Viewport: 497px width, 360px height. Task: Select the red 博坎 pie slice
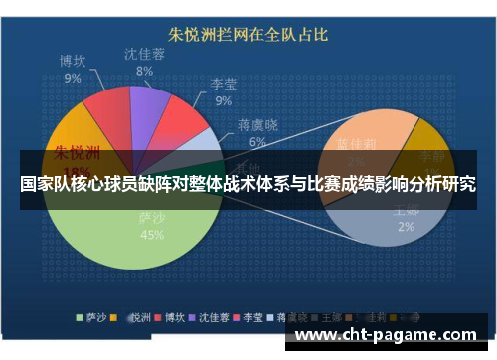pos(103,112)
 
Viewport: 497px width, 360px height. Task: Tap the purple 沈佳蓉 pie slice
pos(148,103)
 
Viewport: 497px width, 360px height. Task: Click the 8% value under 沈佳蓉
pos(145,71)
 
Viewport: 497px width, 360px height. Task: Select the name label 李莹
pos(223,85)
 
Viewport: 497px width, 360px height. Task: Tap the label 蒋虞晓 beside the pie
pos(258,126)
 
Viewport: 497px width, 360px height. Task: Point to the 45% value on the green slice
pos(152,236)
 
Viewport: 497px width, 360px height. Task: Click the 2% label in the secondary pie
pos(406,226)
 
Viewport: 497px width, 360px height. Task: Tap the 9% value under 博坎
pos(73,78)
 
